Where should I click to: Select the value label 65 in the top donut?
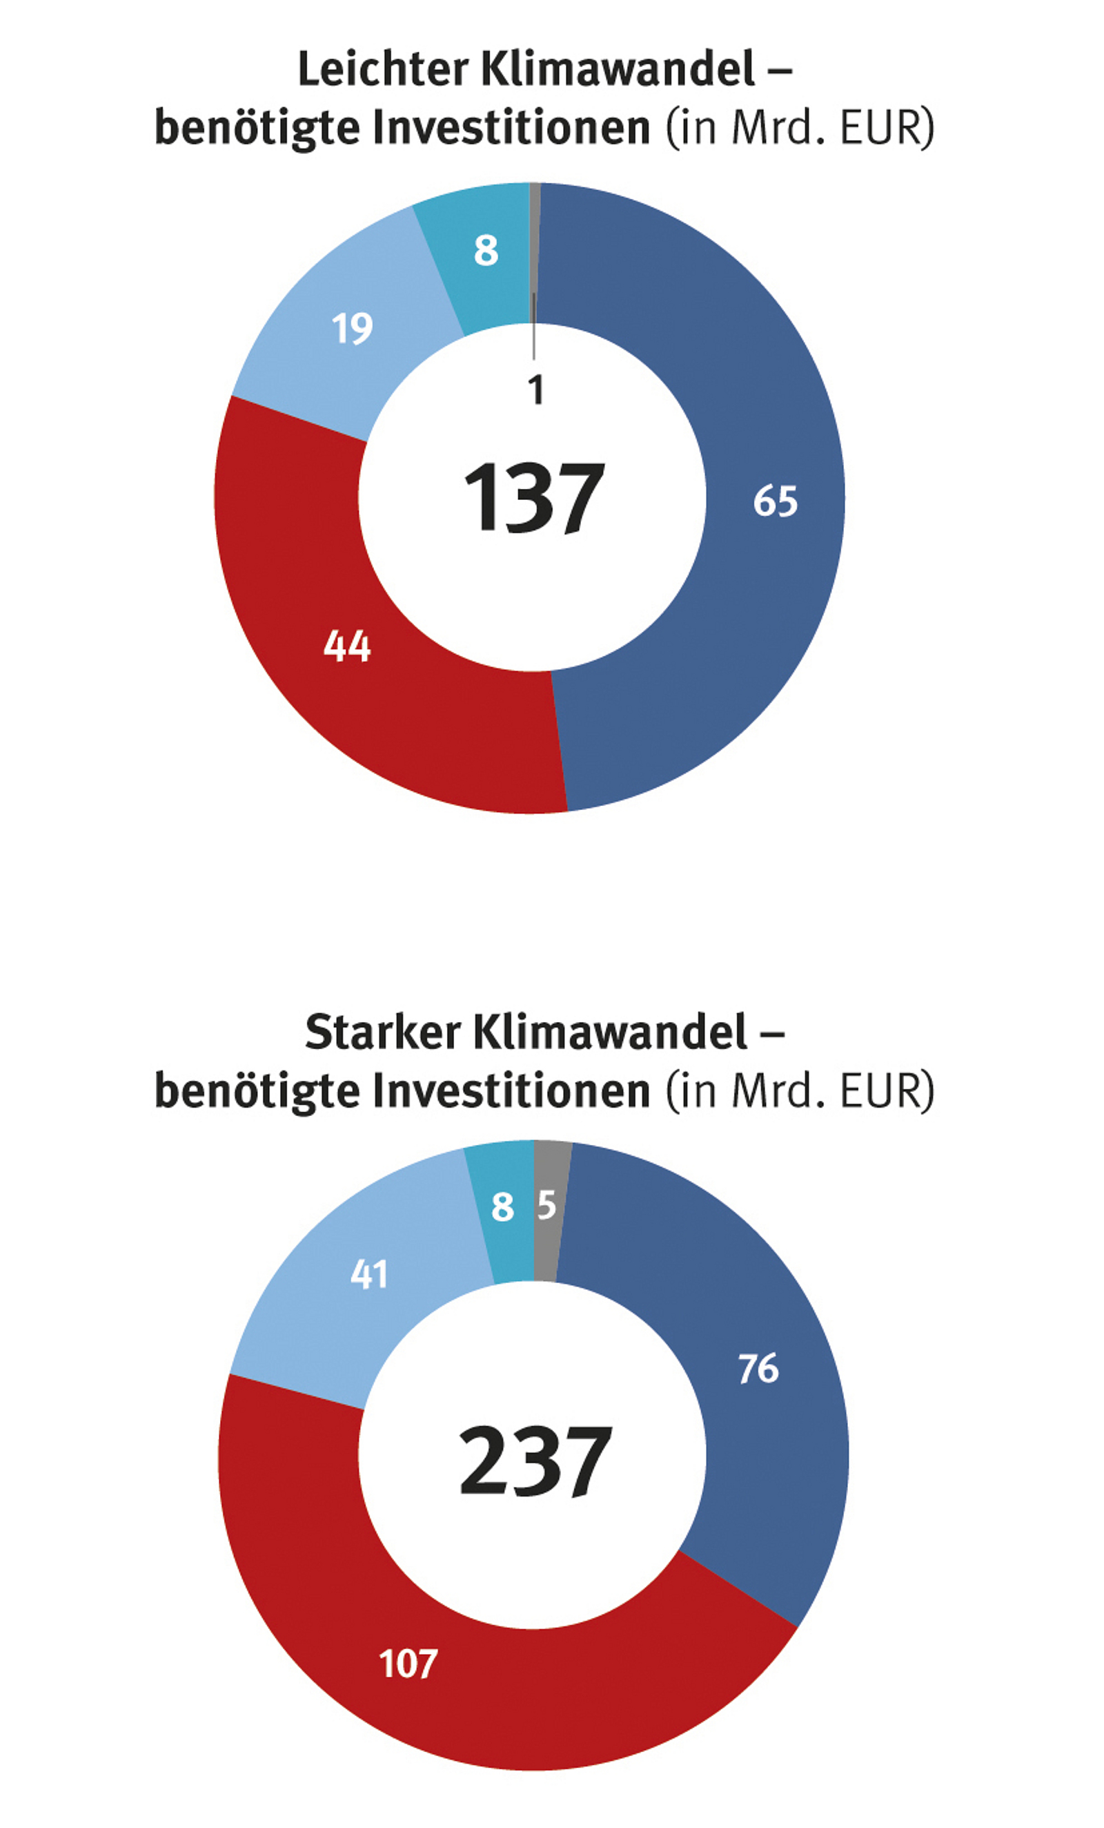pos(775,501)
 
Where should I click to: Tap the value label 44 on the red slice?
pos(347,646)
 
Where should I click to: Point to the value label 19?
pos(351,328)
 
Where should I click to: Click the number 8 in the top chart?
pos(486,251)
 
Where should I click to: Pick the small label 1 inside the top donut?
pos(536,390)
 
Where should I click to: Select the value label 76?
pos(758,1369)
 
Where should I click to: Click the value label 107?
pos(408,1664)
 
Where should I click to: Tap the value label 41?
pos(368,1276)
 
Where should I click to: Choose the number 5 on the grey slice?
pos(546,1206)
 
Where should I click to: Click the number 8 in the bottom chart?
pos(503,1207)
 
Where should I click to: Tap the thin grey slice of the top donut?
pos(535,222)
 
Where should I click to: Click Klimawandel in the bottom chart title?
pos(609,1032)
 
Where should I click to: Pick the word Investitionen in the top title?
pos(511,128)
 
